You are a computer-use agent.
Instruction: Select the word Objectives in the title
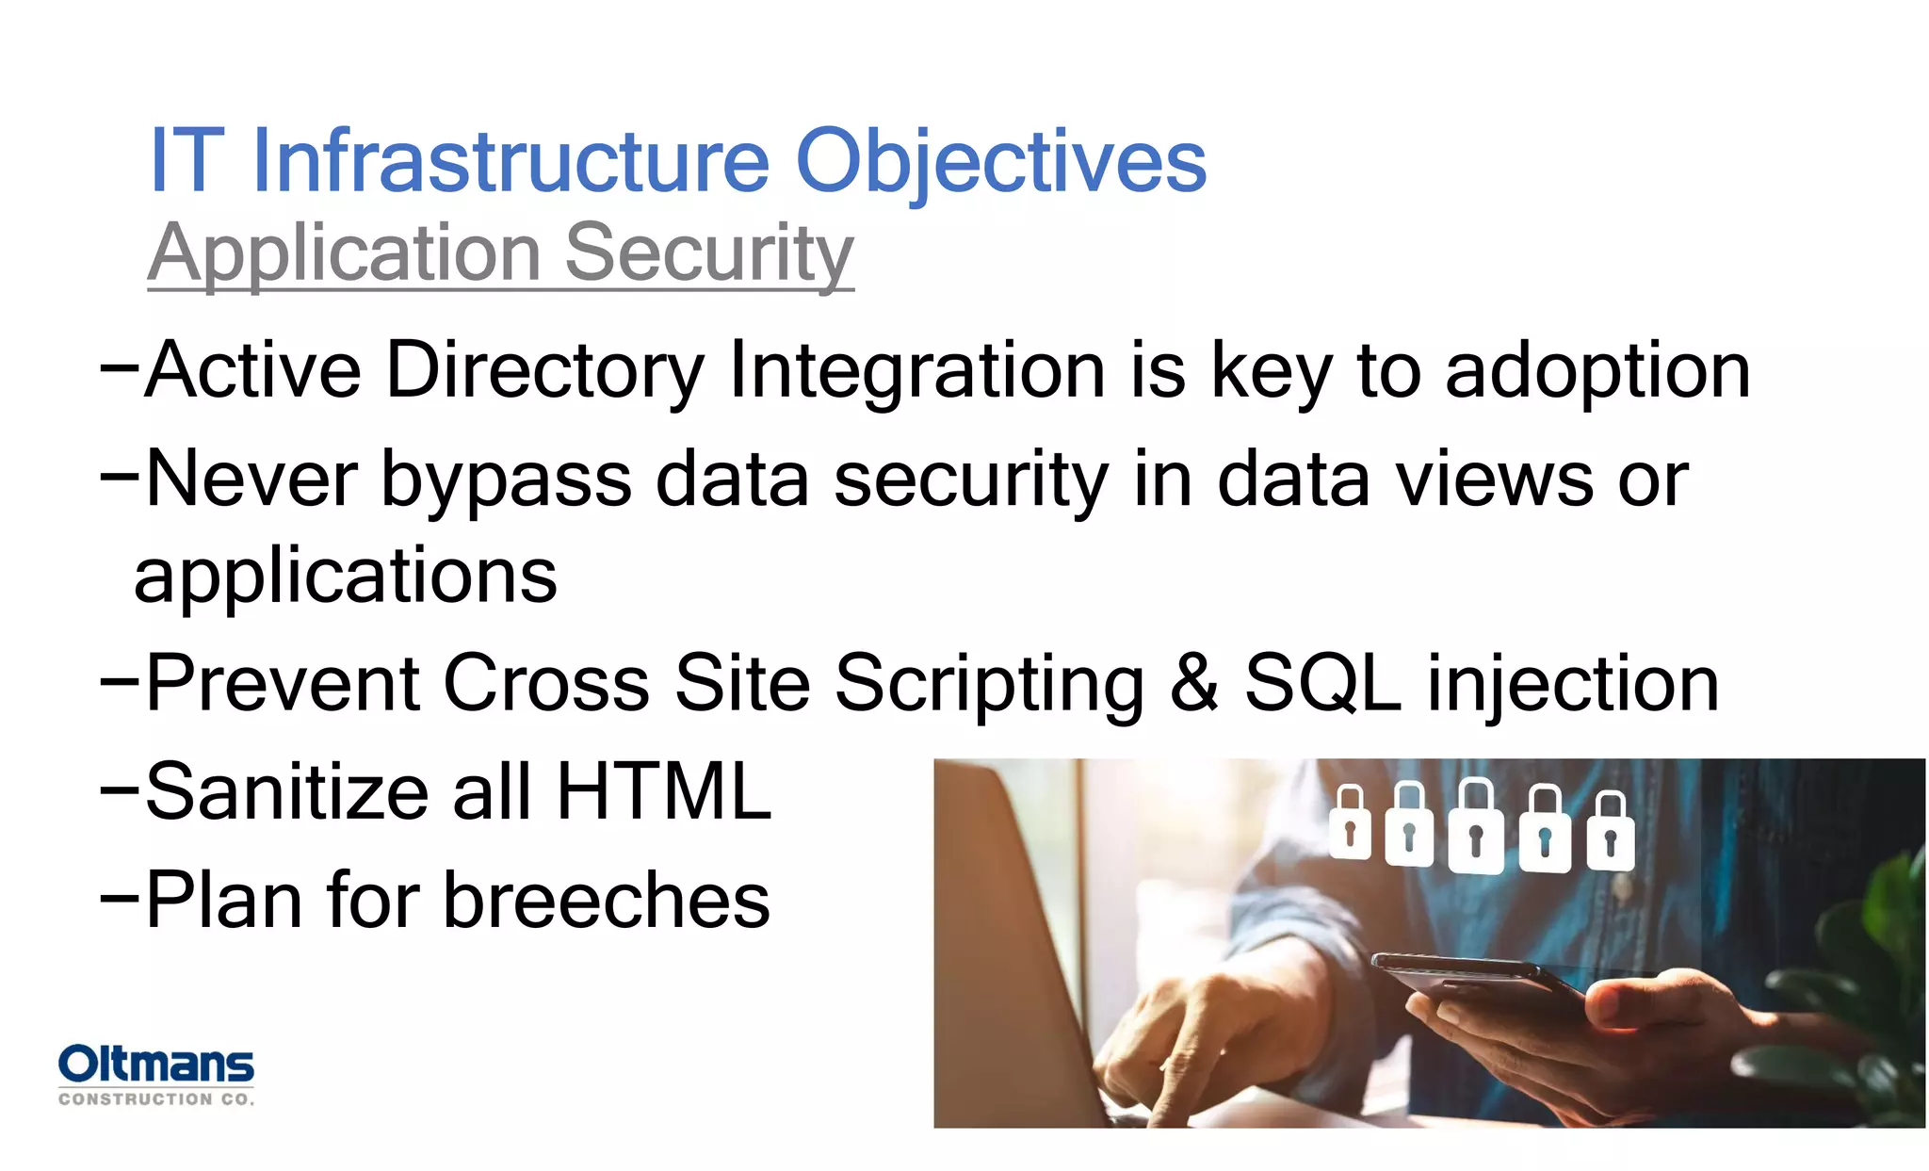[x=1000, y=162]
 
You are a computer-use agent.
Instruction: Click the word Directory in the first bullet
[x=544, y=370]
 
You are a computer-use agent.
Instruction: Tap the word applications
[x=346, y=575]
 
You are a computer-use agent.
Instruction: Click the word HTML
[x=664, y=791]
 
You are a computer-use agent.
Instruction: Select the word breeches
[x=607, y=900]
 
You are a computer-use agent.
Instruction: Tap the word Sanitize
[x=286, y=791]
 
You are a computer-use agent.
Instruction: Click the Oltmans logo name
[x=155, y=1065]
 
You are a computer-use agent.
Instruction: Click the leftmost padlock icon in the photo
[x=1350, y=823]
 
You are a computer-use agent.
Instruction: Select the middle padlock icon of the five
[x=1475, y=826]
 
